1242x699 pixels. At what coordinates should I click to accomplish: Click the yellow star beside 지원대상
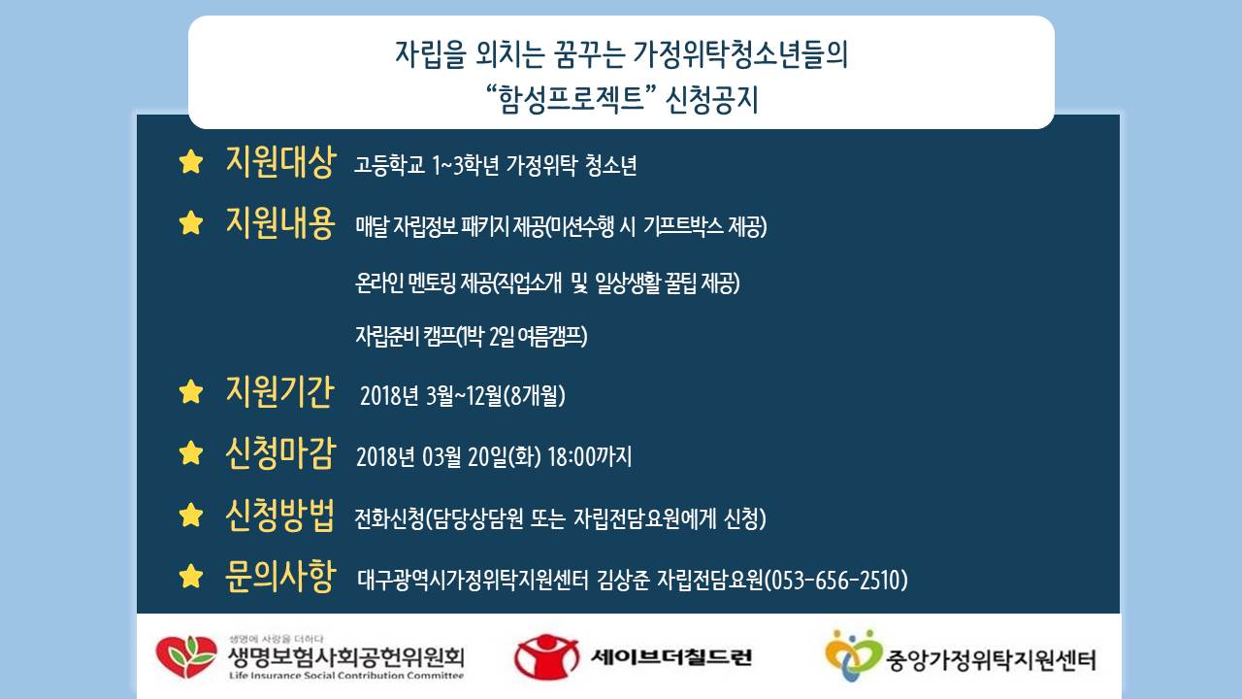coord(191,162)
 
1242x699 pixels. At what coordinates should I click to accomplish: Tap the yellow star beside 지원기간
coord(191,391)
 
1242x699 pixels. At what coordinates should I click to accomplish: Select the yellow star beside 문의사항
coord(191,577)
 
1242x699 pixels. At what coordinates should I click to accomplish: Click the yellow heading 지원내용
coord(280,222)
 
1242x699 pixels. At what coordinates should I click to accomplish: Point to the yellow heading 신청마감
coord(280,453)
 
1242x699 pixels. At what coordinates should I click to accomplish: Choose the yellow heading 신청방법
coord(280,515)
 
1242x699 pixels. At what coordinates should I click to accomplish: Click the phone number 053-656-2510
coord(836,581)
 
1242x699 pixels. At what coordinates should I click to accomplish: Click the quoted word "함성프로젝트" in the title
coord(572,99)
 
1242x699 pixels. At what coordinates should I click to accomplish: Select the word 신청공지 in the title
coord(711,100)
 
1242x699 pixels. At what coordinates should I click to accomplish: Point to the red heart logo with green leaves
coord(186,657)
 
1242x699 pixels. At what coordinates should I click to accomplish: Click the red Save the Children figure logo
coord(546,657)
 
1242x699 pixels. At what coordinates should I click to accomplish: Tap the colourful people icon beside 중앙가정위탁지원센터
coord(852,655)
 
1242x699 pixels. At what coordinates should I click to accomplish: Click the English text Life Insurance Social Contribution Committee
coord(346,676)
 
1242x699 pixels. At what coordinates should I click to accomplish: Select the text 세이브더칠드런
coord(671,657)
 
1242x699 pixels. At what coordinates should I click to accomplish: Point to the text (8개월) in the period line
coord(535,396)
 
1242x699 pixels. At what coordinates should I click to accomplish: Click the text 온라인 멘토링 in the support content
coord(406,283)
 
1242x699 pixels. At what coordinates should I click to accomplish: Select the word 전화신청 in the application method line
coord(389,519)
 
